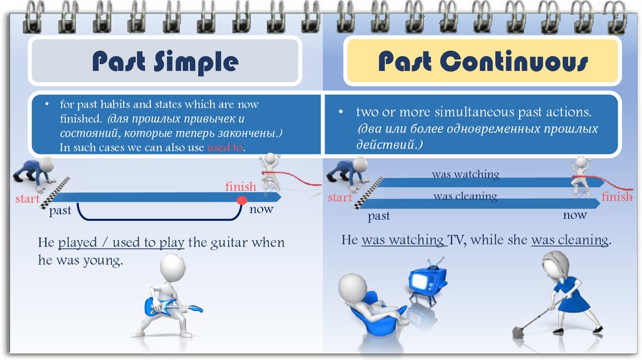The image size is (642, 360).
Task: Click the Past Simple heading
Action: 165,62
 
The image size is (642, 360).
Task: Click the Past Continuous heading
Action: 483,62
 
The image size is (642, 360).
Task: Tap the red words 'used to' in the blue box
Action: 225,147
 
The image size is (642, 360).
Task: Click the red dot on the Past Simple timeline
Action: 241,201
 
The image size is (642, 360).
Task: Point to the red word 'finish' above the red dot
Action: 241,187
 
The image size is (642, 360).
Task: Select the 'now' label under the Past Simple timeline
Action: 261,209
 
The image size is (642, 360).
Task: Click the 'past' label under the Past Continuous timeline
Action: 379,216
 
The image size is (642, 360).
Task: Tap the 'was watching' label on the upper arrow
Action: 465,174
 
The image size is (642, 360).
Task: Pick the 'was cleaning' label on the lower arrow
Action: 465,196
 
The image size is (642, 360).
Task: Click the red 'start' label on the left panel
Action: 28,199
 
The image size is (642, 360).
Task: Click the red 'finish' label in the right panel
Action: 617,197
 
